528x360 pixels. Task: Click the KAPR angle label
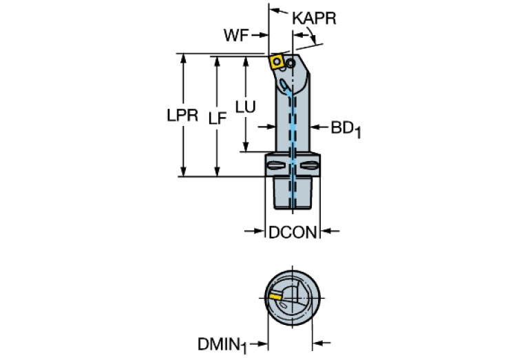pyautogui.click(x=314, y=19)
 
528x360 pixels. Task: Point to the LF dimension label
pyautogui.click(x=218, y=118)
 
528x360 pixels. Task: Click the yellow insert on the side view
pyautogui.click(x=277, y=62)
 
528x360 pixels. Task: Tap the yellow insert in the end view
pyautogui.click(x=275, y=297)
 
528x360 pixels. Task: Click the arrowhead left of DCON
pyautogui.click(x=260, y=233)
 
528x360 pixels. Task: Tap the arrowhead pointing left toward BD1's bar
pyautogui.click(x=314, y=127)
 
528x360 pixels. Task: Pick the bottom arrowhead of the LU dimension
pyautogui.click(x=245, y=147)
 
